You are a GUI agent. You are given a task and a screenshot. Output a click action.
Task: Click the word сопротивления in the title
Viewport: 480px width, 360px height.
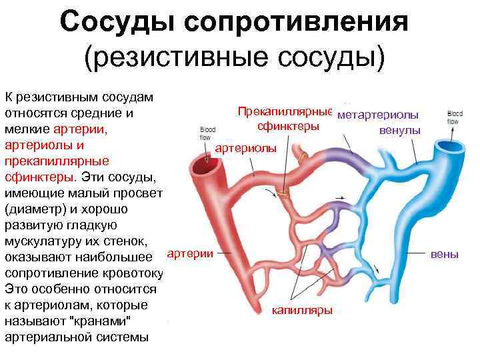point(299,23)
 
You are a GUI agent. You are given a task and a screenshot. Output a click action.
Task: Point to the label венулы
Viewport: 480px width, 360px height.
point(400,129)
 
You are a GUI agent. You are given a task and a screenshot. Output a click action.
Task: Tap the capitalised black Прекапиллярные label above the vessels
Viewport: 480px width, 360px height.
point(285,111)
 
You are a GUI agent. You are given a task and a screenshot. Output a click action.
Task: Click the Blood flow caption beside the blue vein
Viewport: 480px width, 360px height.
point(455,117)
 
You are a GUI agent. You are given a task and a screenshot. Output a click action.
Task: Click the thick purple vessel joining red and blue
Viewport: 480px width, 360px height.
point(340,158)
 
